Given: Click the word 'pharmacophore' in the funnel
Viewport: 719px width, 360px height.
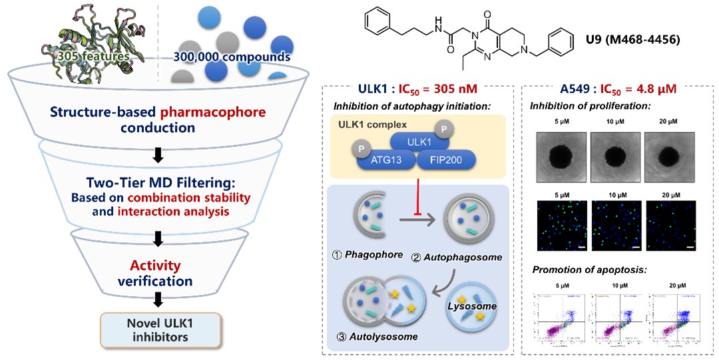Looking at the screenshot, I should [208, 111].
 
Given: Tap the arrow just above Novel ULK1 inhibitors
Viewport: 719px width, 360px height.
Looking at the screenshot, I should [158, 300].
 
